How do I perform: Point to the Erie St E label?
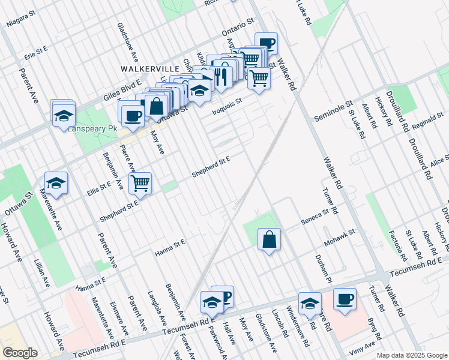[36, 53]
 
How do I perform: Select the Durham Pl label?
[324, 268]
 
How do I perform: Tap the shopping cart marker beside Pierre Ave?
[140, 183]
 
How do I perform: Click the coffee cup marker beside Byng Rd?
[345, 299]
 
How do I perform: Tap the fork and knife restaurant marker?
[221, 76]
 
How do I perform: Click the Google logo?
[20, 353]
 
